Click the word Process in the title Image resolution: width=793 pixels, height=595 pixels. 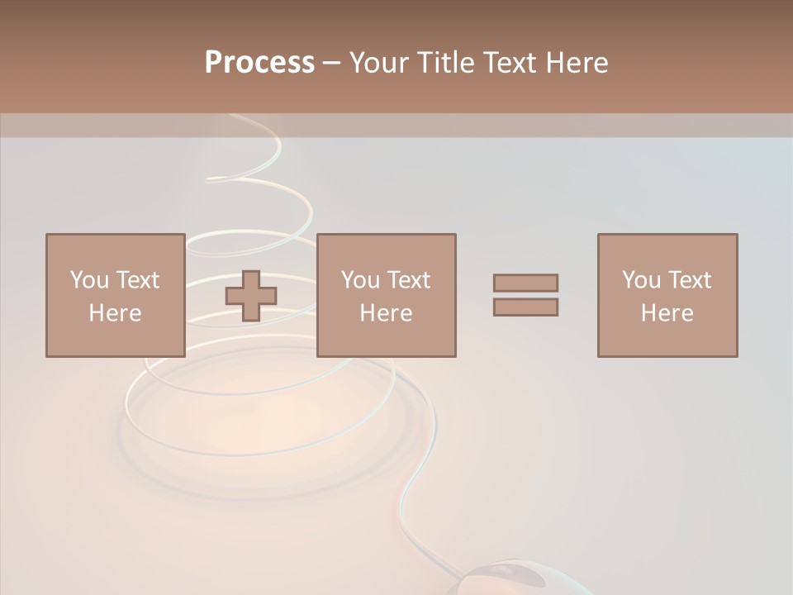(x=259, y=63)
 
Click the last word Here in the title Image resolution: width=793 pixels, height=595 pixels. (x=577, y=63)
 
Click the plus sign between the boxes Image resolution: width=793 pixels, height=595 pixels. (x=252, y=296)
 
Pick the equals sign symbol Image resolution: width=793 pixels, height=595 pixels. (x=525, y=295)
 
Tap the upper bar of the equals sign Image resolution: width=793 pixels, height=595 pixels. (x=525, y=283)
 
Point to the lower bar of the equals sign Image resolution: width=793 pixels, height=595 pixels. (x=525, y=307)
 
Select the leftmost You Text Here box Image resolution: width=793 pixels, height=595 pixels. (x=115, y=295)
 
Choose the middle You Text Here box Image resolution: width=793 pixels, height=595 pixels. (x=386, y=295)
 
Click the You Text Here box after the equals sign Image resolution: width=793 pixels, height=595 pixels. (x=667, y=295)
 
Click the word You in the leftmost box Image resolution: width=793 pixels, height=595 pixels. (x=88, y=280)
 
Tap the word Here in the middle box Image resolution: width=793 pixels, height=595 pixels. (x=386, y=313)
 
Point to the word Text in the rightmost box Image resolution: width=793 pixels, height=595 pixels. (x=688, y=280)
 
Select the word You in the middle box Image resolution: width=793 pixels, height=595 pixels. (x=360, y=280)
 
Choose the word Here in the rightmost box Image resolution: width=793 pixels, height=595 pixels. (x=667, y=313)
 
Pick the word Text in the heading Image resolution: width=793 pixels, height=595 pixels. (x=510, y=63)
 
